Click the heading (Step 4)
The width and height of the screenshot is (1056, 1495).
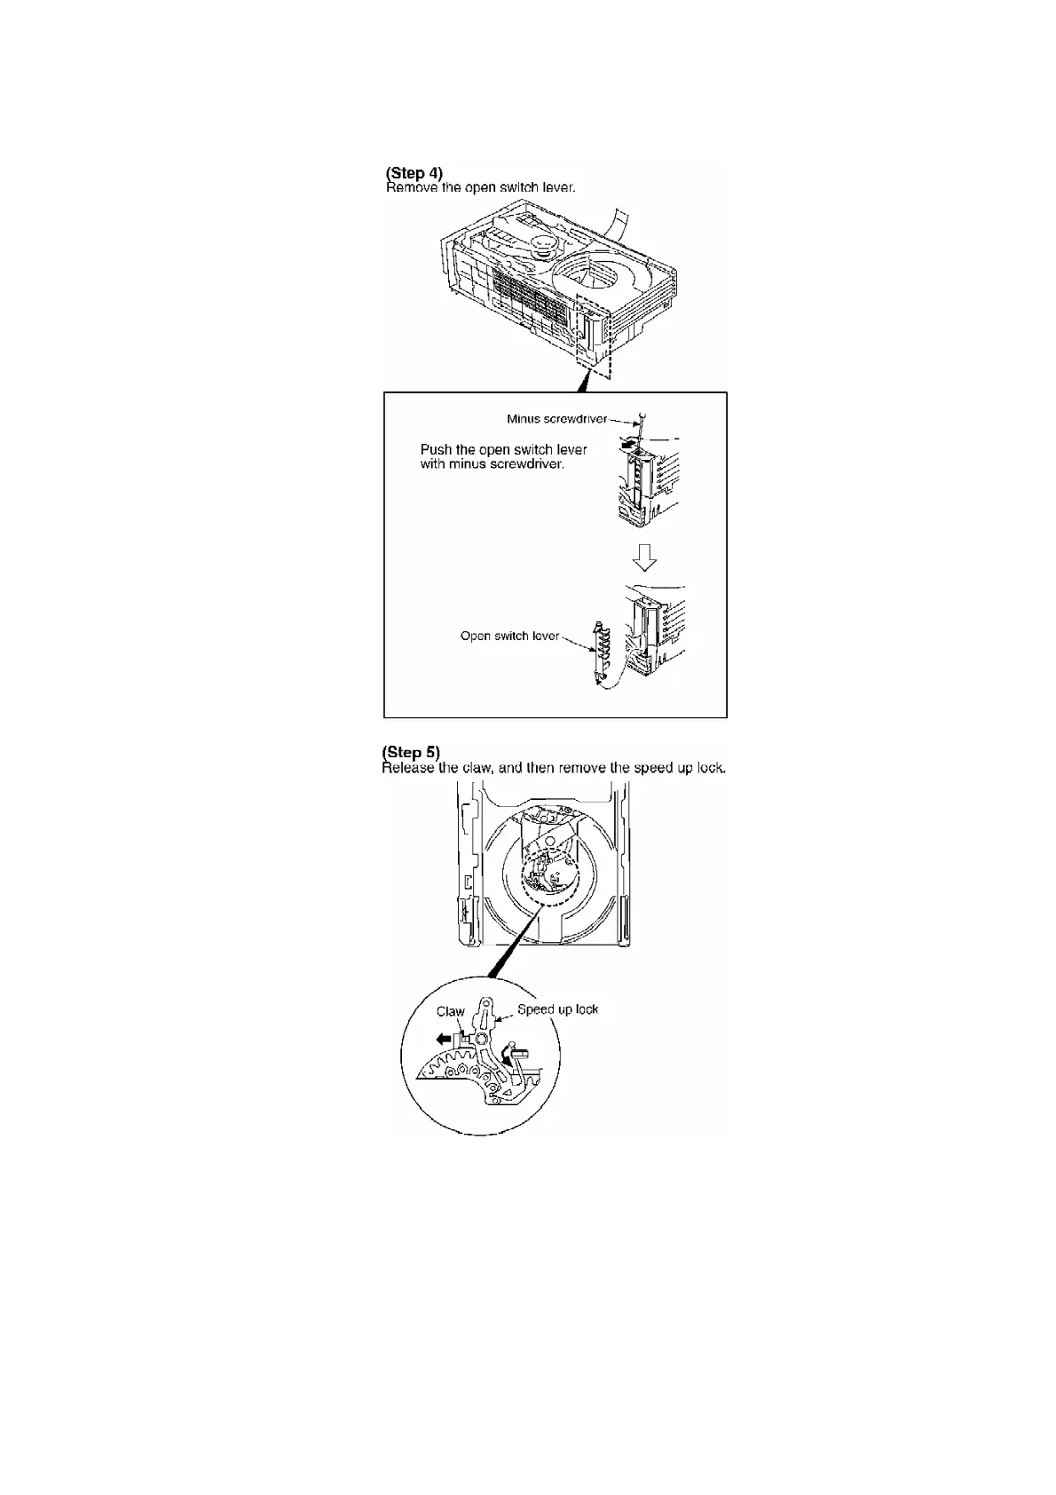414,172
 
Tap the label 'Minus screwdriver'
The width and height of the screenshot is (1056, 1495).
556,419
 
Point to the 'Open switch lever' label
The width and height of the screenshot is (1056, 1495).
509,636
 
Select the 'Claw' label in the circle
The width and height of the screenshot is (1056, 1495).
450,1011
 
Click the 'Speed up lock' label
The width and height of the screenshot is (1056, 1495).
557,1009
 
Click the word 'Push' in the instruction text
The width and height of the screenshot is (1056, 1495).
436,449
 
